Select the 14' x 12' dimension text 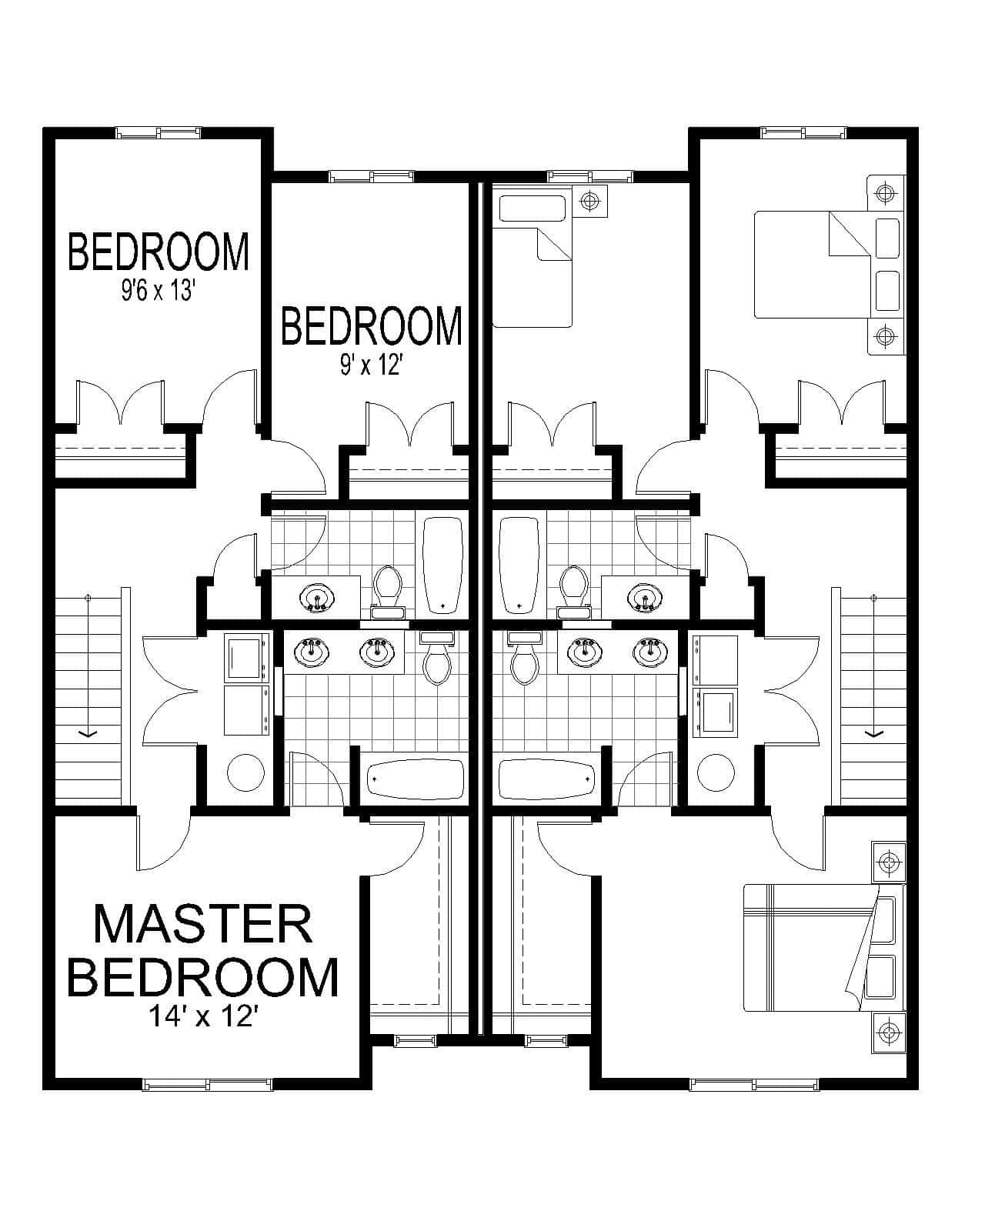[x=202, y=1016]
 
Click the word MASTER [x=202, y=924]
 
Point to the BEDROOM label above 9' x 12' [x=372, y=325]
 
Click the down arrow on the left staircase [x=88, y=734]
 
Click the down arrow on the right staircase [x=873, y=734]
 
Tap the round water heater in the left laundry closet [x=246, y=772]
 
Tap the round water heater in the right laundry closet [x=715, y=772]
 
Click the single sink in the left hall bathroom [x=316, y=599]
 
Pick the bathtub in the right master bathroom [x=546, y=779]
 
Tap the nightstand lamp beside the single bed [x=590, y=202]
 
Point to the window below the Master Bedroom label [x=208, y=1085]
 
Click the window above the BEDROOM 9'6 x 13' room [x=159, y=132]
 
